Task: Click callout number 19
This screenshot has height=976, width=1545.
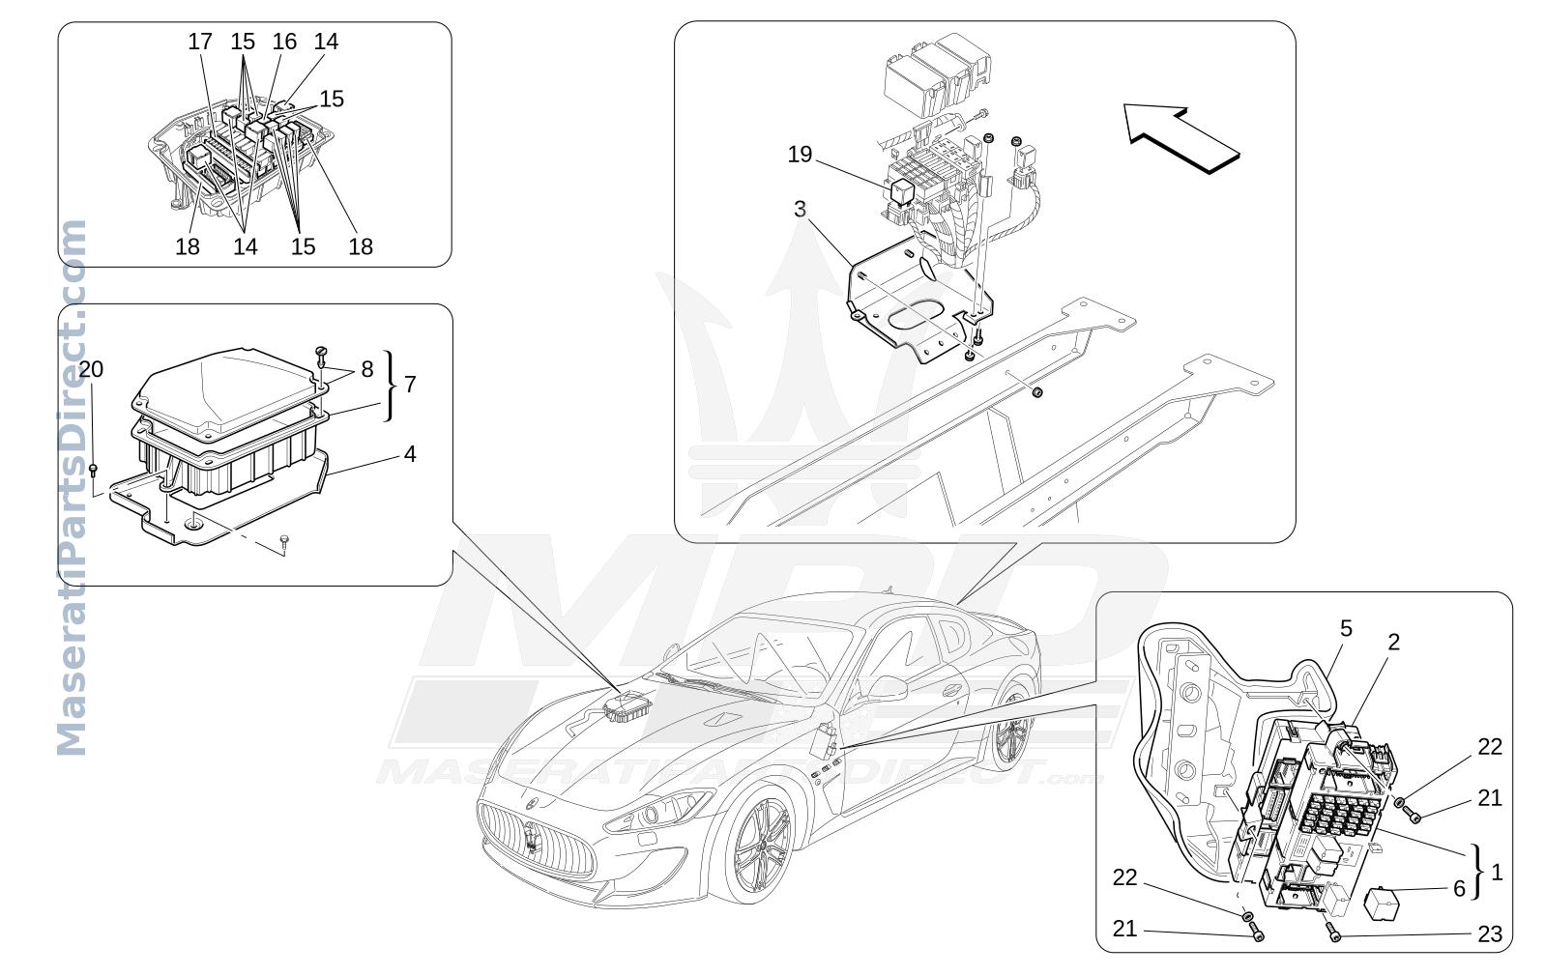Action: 800,155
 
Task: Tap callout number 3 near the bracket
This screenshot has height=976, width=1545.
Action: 800,209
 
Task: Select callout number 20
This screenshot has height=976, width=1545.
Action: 90,369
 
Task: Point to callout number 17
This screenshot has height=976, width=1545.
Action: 200,42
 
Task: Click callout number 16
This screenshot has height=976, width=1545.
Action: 284,42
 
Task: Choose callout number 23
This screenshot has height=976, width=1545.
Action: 1490,933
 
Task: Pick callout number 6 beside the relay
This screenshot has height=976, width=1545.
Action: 1459,888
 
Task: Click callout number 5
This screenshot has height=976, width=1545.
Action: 1346,628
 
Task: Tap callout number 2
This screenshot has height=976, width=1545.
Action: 1393,642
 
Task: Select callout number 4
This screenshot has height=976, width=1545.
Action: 410,453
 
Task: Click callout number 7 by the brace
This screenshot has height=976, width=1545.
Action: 410,384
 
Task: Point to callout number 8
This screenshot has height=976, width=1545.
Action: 367,369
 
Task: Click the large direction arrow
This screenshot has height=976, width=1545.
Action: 1181,138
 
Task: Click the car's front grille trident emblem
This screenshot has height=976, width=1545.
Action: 531,835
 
